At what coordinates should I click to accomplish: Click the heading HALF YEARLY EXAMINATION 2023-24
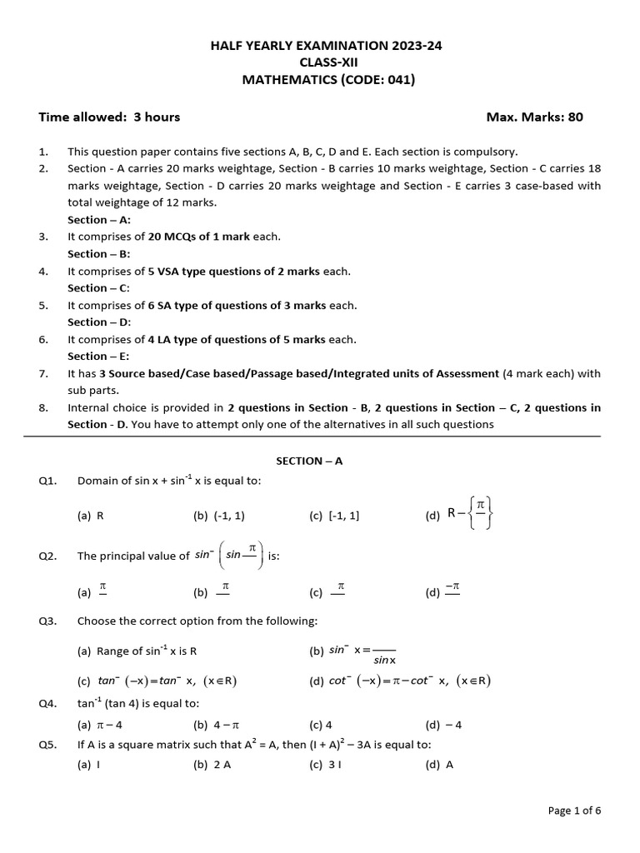pyautogui.click(x=326, y=46)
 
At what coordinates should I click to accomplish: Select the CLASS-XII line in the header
pyautogui.click(x=326, y=62)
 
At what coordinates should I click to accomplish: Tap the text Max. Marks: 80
pyautogui.click(x=534, y=117)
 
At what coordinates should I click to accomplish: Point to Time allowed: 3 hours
pyautogui.click(x=109, y=117)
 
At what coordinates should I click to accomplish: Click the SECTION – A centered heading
pyautogui.click(x=309, y=461)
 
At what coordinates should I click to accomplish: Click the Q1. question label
pyautogui.click(x=47, y=481)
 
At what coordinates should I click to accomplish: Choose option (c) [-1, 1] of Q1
pyautogui.click(x=334, y=516)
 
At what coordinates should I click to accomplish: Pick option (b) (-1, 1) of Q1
pyautogui.click(x=218, y=516)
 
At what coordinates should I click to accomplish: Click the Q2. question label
pyautogui.click(x=47, y=556)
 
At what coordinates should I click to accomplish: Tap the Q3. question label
pyautogui.click(x=47, y=621)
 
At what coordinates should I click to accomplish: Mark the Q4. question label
pyautogui.click(x=47, y=704)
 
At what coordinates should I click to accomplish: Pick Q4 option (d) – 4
pyautogui.click(x=443, y=725)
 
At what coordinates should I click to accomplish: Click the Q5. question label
pyautogui.click(x=47, y=745)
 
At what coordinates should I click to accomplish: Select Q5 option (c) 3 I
pyautogui.click(x=325, y=765)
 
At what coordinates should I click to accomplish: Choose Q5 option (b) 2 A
pyautogui.click(x=212, y=765)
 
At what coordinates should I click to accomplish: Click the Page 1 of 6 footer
pyautogui.click(x=573, y=810)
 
